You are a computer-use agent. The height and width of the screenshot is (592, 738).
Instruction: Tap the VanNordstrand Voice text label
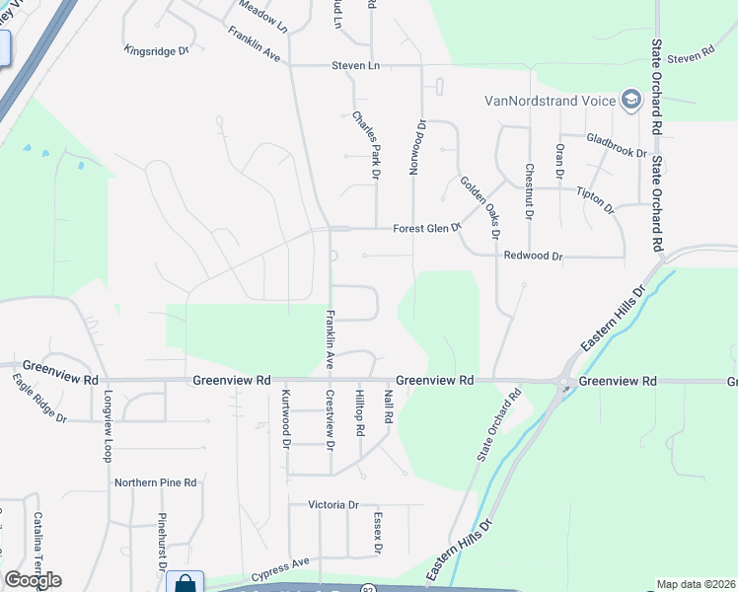click(x=550, y=101)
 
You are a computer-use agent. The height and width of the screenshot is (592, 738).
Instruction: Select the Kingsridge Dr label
click(x=156, y=49)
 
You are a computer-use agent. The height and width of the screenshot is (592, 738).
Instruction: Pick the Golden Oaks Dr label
click(x=480, y=206)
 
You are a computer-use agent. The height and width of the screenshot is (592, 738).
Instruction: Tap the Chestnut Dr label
click(x=529, y=191)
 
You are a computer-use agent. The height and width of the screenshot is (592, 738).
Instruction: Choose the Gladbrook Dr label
click(x=616, y=146)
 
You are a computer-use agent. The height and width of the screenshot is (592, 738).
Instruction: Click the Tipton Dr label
click(x=595, y=201)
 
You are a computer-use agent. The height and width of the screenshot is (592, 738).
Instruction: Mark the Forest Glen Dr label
click(x=427, y=228)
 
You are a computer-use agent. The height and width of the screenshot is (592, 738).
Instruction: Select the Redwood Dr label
click(x=533, y=257)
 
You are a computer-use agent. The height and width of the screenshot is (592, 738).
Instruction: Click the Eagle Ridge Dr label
click(x=38, y=398)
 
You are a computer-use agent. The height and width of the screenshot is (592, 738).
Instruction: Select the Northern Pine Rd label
click(x=156, y=482)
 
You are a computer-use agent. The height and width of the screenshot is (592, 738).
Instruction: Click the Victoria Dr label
click(x=333, y=505)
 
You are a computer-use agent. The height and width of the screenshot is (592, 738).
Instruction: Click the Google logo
click(x=33, y=579)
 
